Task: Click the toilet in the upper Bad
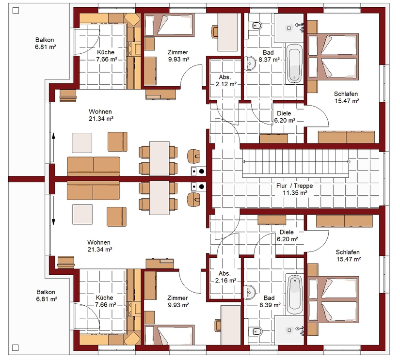coord(256,25)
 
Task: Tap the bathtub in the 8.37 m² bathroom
coord(294,64)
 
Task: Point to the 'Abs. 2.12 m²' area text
coord(226,80)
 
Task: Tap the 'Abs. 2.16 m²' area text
coord(225,277)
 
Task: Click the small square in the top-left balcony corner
coord(16,11)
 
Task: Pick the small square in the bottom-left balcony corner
coord(16,348)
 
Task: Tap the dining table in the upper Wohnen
coord(160,158)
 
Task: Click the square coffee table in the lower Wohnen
coord(82,215)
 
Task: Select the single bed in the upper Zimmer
coord(169,25)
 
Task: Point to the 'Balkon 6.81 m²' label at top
coord(46,43)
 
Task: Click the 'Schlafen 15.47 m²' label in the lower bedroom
coord(349,256)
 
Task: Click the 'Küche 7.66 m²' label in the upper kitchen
coord(106,56)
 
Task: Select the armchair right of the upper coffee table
coord(118,142)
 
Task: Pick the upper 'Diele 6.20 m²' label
coord(285,117)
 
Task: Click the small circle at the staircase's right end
coord(349,162)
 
